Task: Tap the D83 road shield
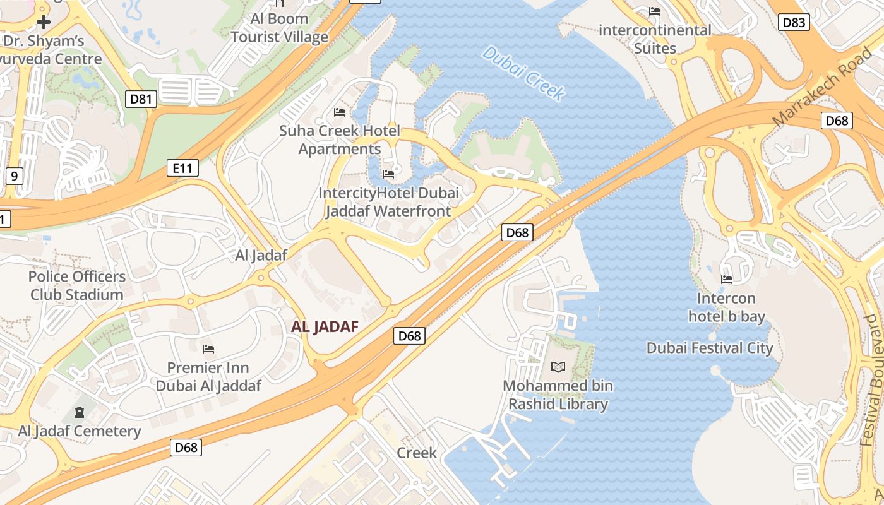(x=793, y=23)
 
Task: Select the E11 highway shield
(x=183, y=168)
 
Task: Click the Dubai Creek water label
(x=522, y=73)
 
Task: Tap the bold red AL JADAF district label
(x=325, y=326)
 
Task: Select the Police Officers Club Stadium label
(x=77, y=285)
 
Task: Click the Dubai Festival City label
(x=710, y=348)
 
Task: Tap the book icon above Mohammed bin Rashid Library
(x=558, y=367)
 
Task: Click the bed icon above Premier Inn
(x=208, y=349)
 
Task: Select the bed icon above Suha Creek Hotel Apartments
(x=340, y=113)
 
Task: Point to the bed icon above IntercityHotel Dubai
(x=388, y=174)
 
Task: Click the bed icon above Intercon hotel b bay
(x=727, y=279)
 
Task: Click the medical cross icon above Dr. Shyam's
(x=43, y=23)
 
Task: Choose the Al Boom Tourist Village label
(x=279, y=28)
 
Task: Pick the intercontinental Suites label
(x=655, y=39)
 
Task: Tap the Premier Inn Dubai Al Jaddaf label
(x=208, y=377)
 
